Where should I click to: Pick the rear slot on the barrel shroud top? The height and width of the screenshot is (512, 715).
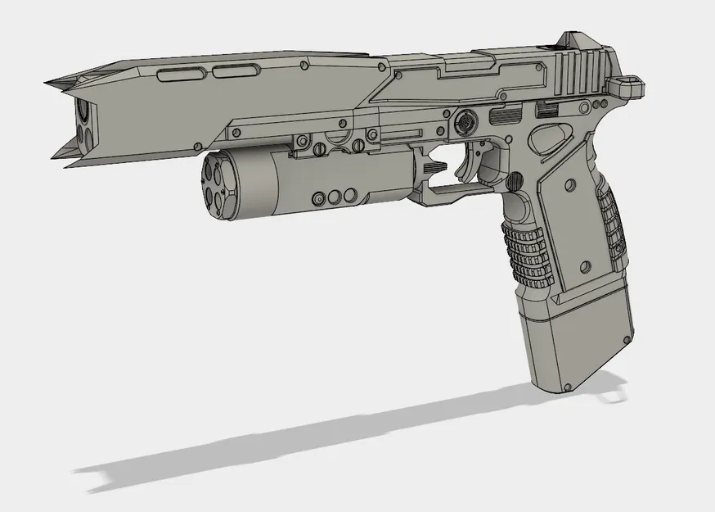point(230,72)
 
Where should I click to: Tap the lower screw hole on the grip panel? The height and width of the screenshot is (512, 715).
point(586,268)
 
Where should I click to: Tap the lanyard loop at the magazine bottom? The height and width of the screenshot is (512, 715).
point(610,392)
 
